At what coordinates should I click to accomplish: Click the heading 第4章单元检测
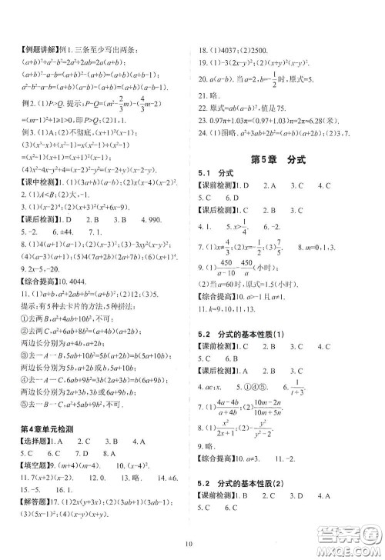pyautogui.click(x=50, y=406)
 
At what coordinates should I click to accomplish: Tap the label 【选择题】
pyautogui.click(x=26, y=422)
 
